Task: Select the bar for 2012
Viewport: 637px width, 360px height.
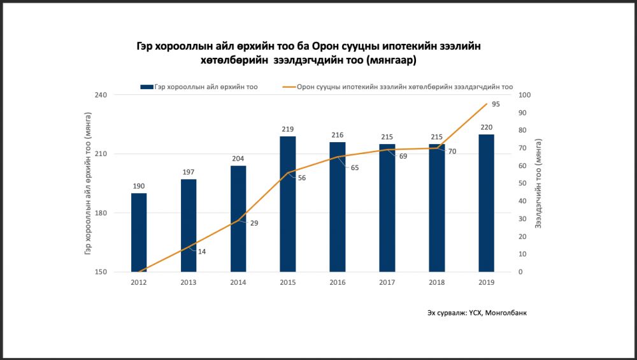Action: pyautogui.click(x=139, y=233)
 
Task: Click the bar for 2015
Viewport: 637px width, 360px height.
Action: pyautogui.click(x=287, y=204)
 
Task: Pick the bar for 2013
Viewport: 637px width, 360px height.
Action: pyautogui.click(x=189, y=226)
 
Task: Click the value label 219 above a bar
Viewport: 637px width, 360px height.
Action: pyautogui.click(x=287, y=129)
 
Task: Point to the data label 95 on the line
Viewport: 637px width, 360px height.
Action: pyautogui.click(x=496, y=103)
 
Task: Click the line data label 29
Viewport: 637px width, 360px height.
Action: pyautogui.click(x=254, y=223)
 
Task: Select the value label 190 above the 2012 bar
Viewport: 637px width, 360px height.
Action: pyautogui.click(x=139, y=186)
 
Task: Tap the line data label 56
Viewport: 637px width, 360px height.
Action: pyautogui.click(x=302, y=178)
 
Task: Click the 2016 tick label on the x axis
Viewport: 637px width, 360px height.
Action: pyautogui.click(x=337, y=282)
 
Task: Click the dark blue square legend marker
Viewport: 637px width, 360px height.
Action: pyautogui.click(x=146, y=87)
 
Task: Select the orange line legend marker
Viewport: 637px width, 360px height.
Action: pyautogui.click(x=287, y=87)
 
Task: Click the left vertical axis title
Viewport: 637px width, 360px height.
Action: pyautogui.click(x=87, y=184)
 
